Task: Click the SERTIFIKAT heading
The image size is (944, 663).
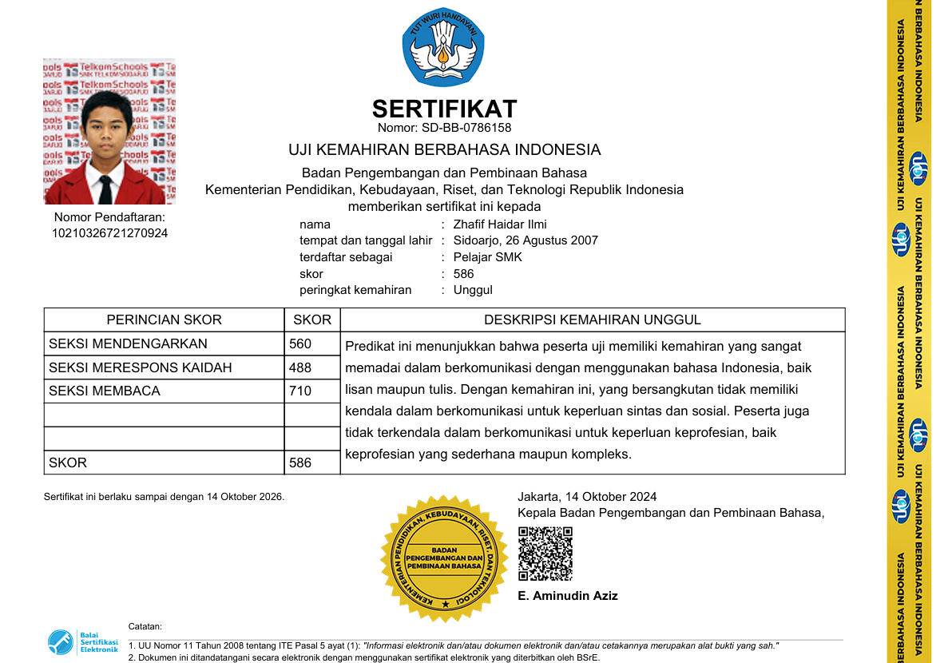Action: point(444,109)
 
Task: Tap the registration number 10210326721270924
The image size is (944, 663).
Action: point(109,233)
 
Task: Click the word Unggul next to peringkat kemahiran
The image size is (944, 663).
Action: point(473,290)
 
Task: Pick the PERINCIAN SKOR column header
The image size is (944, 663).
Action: point(164,320)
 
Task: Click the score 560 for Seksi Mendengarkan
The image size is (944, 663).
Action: point(300,343)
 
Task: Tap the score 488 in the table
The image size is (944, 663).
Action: point(300,367)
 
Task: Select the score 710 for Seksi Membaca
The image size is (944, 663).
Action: point(300,391)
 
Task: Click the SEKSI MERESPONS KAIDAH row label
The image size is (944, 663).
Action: point(140,367)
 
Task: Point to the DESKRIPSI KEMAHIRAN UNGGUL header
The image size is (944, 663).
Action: point(592,320)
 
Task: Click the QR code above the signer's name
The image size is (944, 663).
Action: point(545,554)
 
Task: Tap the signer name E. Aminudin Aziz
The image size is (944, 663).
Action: point(567,596)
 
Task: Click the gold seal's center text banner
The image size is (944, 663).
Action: point(444,558)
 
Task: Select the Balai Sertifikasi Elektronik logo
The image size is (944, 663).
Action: point(82,642)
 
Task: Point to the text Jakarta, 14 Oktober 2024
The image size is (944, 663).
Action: point(587,497)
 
